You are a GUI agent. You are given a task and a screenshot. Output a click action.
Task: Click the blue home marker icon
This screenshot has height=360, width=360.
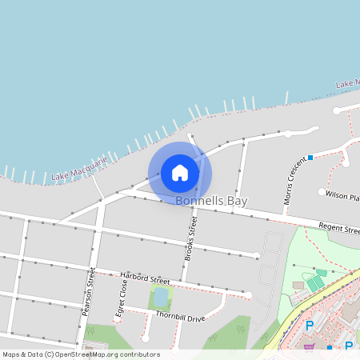(180, 172)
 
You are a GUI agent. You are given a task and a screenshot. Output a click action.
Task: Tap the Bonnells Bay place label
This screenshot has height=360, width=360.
(211, 202)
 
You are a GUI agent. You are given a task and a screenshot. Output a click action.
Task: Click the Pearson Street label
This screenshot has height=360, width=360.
(89, 292)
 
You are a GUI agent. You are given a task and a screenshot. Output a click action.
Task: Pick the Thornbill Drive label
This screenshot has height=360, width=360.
(180, 318)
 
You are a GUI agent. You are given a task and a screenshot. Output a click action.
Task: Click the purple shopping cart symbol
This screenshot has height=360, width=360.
(309, 346)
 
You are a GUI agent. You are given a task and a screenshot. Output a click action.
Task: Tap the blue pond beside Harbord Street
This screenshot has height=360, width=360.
(161, 298)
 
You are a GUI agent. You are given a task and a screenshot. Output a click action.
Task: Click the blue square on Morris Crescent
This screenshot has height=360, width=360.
(310, 157)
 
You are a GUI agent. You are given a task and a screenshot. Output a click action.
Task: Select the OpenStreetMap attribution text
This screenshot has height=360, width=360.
(81, 354)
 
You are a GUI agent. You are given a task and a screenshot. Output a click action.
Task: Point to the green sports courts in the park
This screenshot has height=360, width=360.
(316, 282)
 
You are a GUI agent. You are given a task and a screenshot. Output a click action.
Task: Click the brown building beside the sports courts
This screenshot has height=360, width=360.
(298, 285)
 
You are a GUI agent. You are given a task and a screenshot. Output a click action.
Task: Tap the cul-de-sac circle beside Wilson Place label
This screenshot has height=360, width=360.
(322, 192)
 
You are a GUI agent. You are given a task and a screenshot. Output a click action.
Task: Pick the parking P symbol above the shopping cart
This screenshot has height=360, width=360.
(310, 326)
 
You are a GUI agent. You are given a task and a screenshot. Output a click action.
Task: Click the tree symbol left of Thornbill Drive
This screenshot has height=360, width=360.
(90, 330)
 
